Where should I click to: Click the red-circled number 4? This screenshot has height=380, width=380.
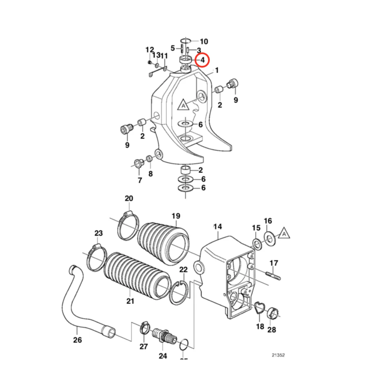coord(203,60)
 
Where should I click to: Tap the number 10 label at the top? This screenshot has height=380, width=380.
coord(204,42)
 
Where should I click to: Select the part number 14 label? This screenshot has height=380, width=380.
coord(218,227)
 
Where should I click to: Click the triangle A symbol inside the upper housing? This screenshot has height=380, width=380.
coord(183,105)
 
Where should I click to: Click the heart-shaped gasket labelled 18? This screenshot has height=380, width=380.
coord(260,308)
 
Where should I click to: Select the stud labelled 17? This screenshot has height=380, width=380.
coord(273,274)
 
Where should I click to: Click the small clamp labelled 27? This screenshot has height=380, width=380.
coord(144,328)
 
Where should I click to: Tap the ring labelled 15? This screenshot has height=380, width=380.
coord(256,243)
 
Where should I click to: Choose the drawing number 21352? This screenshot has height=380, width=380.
coord(278,355)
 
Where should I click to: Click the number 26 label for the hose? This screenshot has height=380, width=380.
coord(77,340)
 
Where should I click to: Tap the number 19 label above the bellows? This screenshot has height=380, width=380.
coord(176,216)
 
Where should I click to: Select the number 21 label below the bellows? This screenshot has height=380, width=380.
coord(131,301)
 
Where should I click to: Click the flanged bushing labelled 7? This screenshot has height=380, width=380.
coord(138,164)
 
